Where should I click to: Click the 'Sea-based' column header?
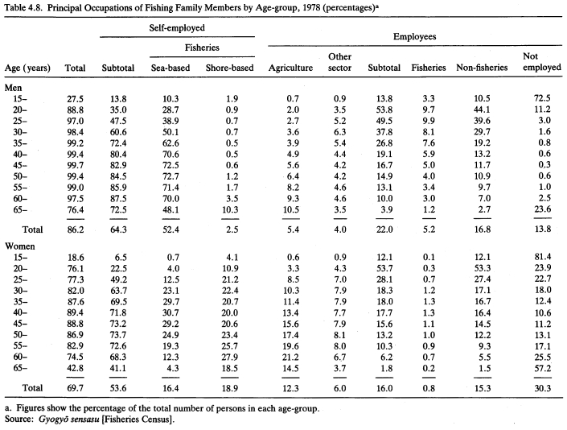171,68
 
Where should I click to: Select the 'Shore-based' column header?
230,68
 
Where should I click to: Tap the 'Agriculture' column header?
290,68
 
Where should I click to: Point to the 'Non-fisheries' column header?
482,68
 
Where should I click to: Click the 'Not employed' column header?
542,62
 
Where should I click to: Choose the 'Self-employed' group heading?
177,28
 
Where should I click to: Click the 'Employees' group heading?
415,36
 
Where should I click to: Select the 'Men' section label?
14,88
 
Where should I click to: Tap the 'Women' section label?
20,246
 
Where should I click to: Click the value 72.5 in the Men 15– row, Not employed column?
542,98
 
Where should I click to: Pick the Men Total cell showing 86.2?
76,229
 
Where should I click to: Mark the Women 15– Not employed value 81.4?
542,257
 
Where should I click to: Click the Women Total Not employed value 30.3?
542,388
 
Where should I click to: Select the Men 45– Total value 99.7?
76,165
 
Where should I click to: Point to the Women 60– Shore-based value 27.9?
230,358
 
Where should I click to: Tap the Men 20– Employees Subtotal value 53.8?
384,110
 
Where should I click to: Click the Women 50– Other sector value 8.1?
340,335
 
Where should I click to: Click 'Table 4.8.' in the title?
24,7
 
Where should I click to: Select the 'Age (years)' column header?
27,68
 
